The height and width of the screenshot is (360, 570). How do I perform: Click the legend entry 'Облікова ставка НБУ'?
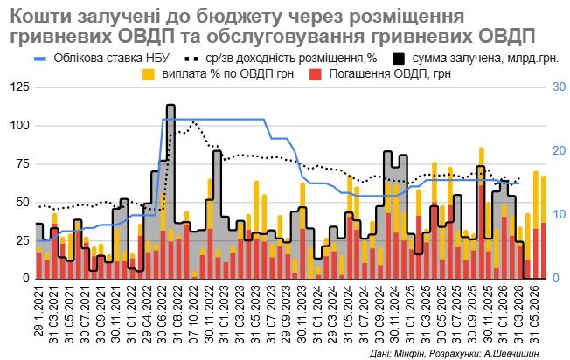[x=96, y=59]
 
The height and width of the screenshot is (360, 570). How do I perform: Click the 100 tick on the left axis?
[x=20, y=126]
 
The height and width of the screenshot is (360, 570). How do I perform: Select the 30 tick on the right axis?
[x=556, y=87]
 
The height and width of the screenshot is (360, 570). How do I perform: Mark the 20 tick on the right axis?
[x=556, y=151]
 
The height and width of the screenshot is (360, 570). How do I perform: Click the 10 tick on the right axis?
[x=556, y=215]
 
